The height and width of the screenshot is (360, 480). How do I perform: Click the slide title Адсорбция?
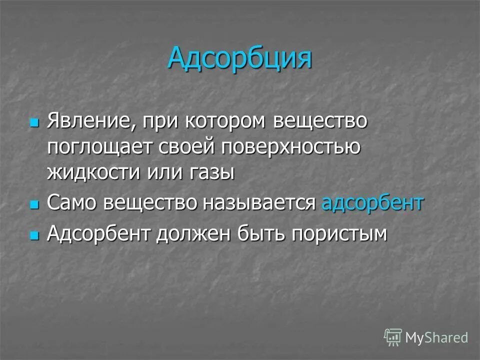coord(239,57)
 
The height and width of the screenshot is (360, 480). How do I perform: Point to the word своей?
coord(185,147)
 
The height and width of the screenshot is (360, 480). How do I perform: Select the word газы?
coord(212,172)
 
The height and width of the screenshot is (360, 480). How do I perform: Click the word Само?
coord(71,203)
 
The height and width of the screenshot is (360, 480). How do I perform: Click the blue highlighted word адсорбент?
coord(372,203)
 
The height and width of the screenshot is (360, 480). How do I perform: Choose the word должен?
coord(195,233)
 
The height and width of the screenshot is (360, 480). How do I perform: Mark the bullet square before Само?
coord(34,204)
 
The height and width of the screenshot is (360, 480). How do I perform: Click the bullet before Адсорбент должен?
coord(34,234)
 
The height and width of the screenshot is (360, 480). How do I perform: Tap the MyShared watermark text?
coord(436,337)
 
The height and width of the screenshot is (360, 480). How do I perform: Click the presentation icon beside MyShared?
coord(393,337)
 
